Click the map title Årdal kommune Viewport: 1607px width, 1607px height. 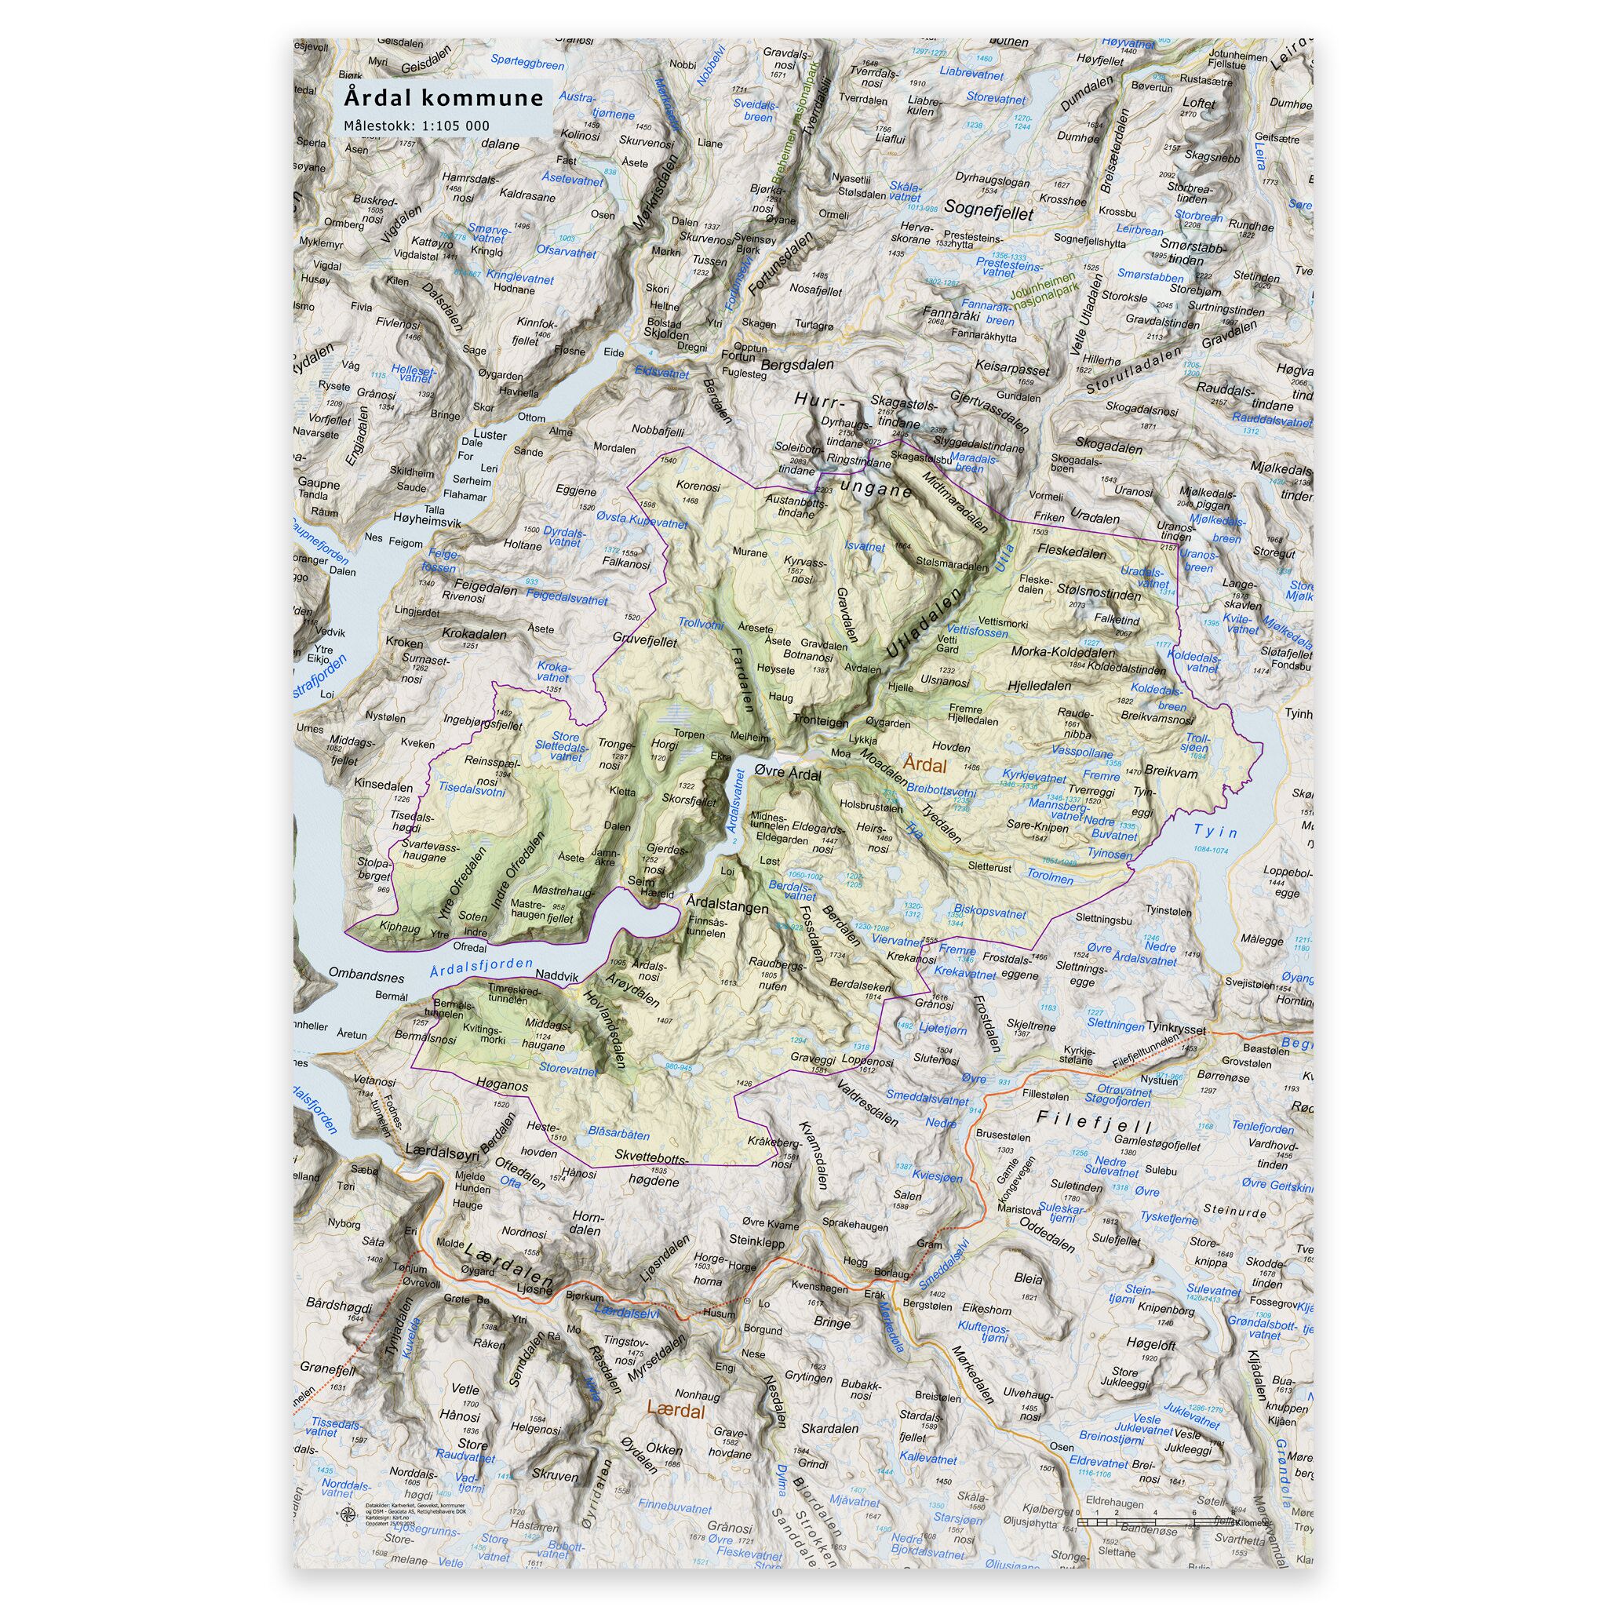(444, 98)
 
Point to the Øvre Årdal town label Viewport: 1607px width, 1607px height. (786, 774)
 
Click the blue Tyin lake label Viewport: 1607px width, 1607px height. (1215, 831)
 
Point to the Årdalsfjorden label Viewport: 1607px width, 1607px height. (483, 967)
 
